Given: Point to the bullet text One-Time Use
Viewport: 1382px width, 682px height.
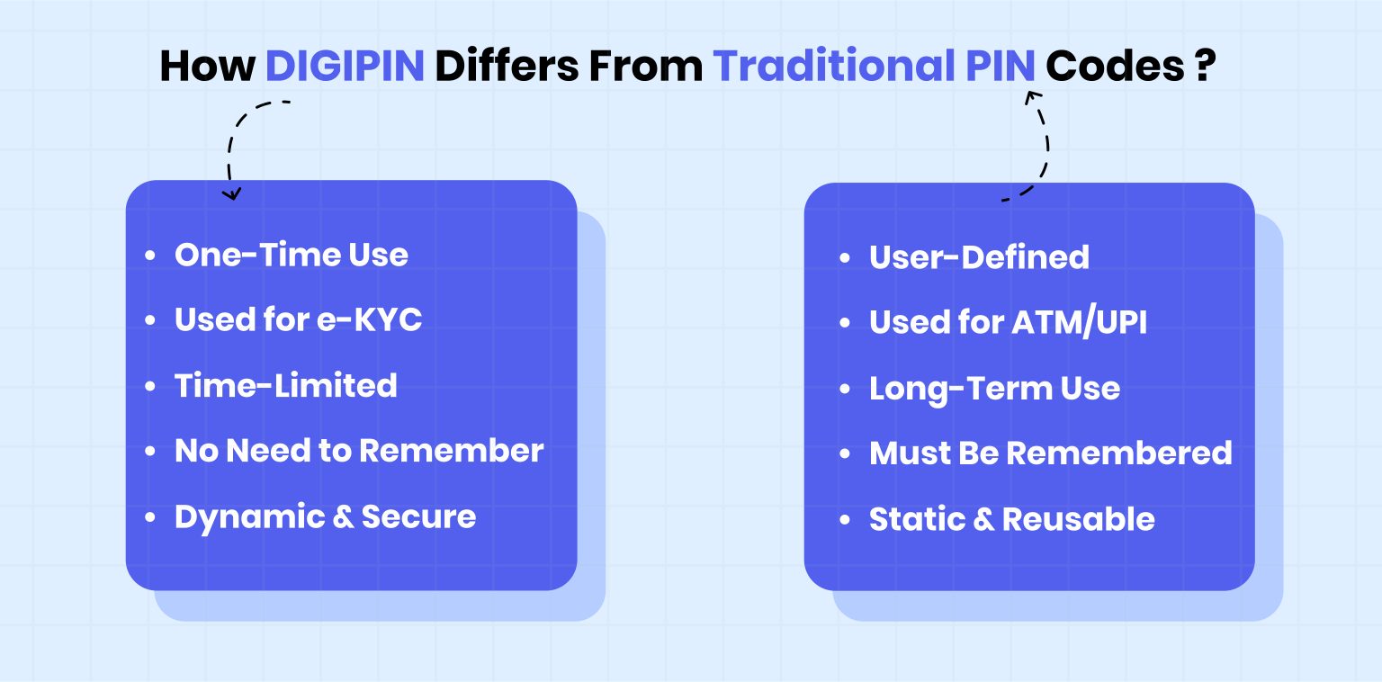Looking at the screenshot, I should point(291,255).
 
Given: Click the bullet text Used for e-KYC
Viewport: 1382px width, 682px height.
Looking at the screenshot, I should point(298,319).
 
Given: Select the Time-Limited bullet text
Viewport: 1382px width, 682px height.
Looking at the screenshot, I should point(285,385).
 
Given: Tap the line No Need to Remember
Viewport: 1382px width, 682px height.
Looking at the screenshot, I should point(359,451).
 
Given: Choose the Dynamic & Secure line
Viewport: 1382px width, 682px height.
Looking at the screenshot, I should point(325,516).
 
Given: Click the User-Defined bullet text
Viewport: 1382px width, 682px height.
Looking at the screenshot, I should point(979,257).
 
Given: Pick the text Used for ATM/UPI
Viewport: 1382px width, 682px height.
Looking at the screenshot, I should point(1008,322).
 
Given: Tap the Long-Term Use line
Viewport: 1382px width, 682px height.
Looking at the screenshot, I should point(994,389).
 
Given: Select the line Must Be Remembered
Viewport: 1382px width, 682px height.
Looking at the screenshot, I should point(1050,453).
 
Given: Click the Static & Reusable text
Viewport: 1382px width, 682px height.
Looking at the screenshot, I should point(1011,519).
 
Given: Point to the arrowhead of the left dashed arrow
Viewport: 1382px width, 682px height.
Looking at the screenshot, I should point(233,193).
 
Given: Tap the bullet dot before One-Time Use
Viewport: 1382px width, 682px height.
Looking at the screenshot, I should point(149,256).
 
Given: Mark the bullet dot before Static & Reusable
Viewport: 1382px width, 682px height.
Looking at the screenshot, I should point(844,520).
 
